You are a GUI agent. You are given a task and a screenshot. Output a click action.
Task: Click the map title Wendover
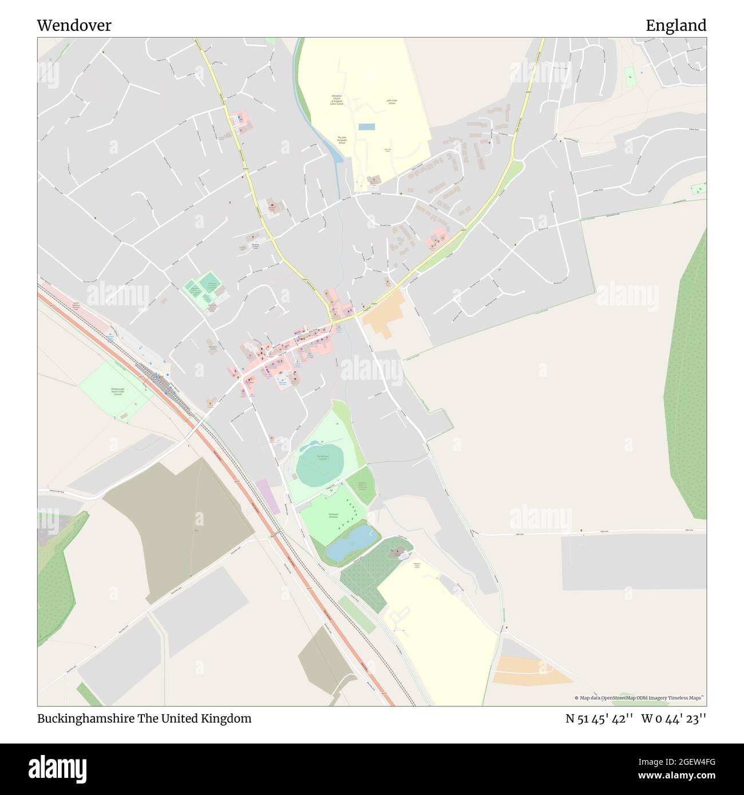pos(74,26)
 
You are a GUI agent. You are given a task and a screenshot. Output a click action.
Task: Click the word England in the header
pos(675,26)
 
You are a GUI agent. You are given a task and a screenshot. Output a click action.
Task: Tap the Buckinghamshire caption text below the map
pos(144,718)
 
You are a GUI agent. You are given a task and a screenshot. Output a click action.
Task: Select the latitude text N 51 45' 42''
pos(599,718)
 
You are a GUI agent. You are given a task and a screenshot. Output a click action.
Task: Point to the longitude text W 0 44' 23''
pos(674,718)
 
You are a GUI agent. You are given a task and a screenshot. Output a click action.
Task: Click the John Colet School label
pos(391,102)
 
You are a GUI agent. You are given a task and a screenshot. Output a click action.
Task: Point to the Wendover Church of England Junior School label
pos(337,100)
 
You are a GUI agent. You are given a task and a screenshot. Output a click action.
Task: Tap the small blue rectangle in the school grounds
pos(366,126)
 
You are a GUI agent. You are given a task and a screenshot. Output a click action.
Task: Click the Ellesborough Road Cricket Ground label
pos(117,392)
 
